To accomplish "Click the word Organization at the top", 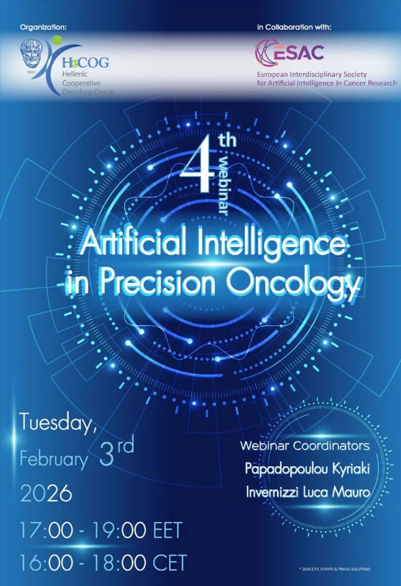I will point(43,27).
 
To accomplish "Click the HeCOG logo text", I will point(85,63).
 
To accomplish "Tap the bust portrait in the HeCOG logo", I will point(31,54).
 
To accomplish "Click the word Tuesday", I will point(58,423).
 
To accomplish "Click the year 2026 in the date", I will point(46,493).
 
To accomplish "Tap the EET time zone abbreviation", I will point(167,530).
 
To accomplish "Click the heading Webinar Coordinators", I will point(305,445).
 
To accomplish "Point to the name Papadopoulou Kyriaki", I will point(307,469).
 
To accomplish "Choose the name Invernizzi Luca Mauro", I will point(308,492).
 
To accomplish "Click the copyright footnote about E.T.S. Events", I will point(334,569).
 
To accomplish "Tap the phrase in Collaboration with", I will point(294,27).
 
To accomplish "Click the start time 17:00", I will point(46,530).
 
